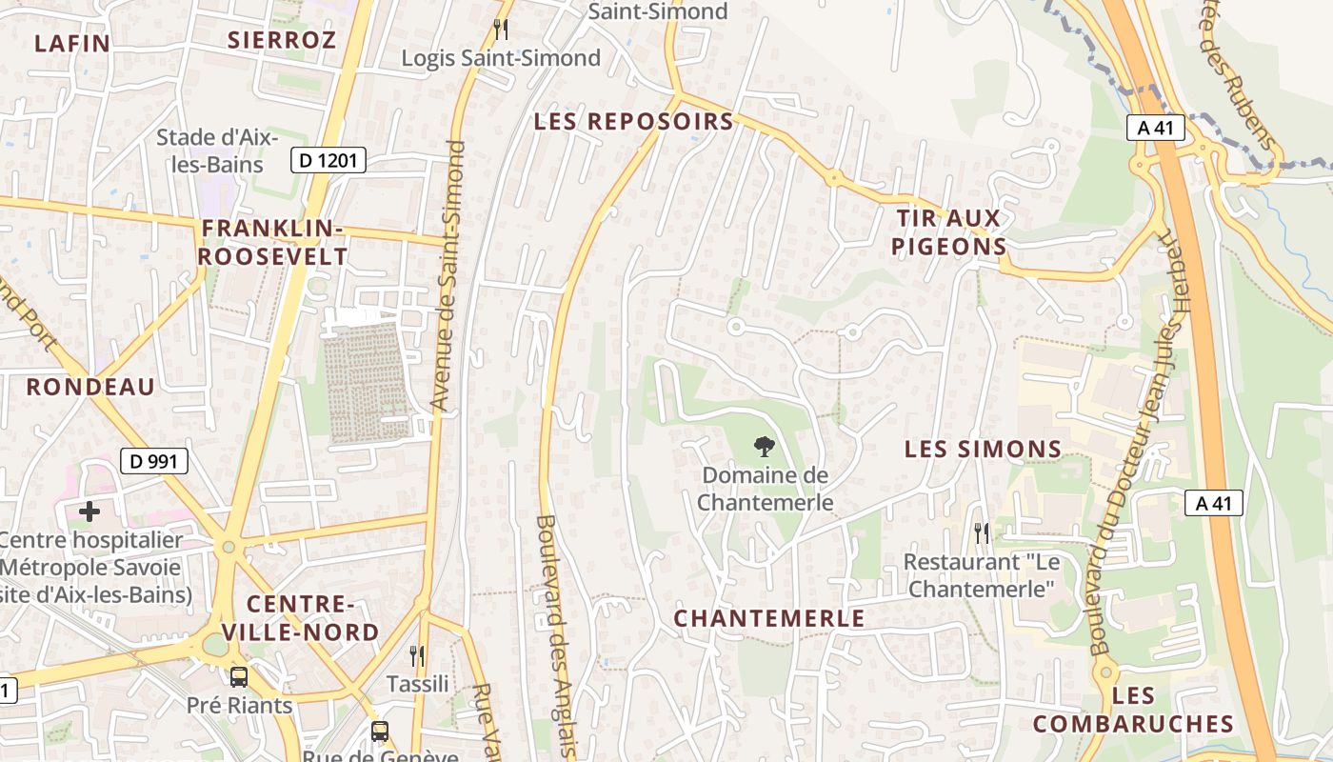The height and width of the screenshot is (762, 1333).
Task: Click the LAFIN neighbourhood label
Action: pos(72,43)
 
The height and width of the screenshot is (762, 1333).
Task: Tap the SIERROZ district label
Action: pos(282,40)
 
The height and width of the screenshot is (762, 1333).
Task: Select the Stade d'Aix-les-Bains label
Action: pos(217,150)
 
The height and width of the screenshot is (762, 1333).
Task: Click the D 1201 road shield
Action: pos(328,161)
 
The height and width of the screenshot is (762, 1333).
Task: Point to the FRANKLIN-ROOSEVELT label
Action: pos(272,242)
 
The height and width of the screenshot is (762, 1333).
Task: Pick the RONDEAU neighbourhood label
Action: pos(90,387)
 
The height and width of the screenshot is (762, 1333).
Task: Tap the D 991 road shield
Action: pos(154,462)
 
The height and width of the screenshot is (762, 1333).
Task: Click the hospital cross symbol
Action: pos(89,511)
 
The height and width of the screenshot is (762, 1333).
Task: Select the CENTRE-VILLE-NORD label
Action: pos(300,617)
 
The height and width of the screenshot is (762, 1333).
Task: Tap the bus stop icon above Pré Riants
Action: pos(239,677)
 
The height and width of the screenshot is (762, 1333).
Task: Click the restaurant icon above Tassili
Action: pos(417,655)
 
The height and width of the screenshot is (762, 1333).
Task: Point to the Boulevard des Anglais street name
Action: pos(555,636)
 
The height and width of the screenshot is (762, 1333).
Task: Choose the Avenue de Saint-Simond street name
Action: pos(447,276)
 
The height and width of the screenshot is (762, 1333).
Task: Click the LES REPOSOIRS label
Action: pos(633,122)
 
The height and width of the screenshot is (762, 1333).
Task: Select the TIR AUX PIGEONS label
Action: pos(948,232)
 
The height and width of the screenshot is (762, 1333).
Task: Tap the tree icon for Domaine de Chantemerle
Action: pos(764,445)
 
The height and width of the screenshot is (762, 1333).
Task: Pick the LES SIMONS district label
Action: pos(983,449)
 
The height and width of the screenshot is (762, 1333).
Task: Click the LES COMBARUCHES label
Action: pos(1133,710)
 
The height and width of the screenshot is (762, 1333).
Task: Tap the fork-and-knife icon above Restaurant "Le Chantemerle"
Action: pos(982,532)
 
